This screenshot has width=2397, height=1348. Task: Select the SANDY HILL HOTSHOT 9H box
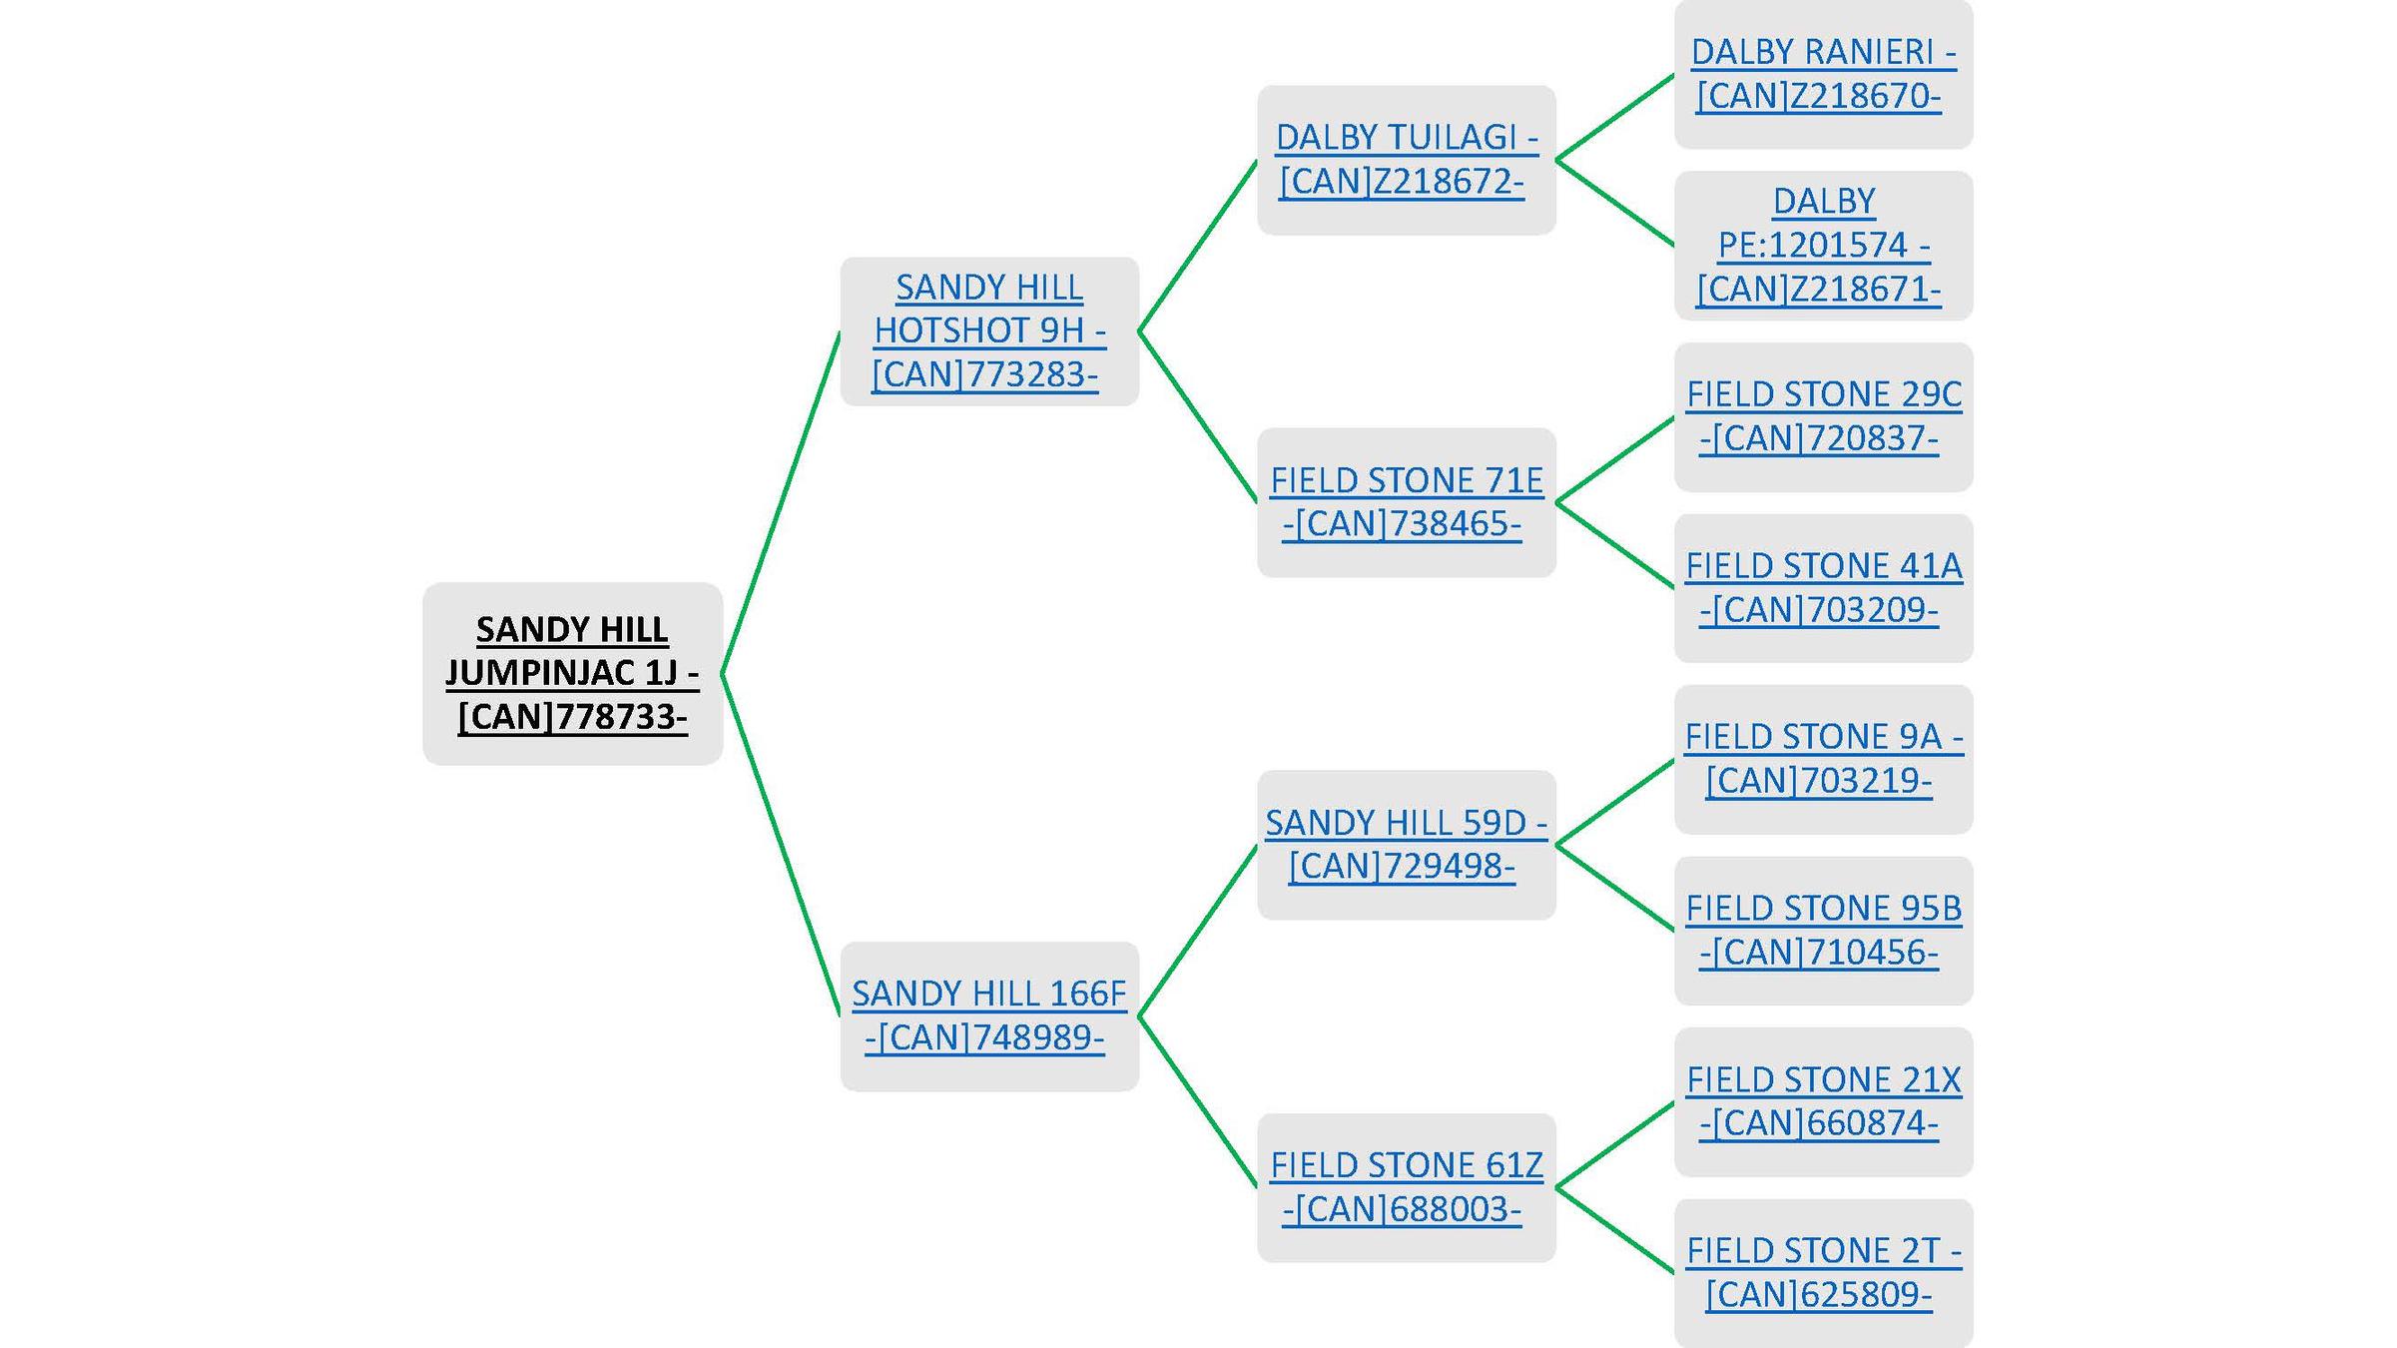[x=988, y=331]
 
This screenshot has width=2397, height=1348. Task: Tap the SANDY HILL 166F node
[x=988, y=1015]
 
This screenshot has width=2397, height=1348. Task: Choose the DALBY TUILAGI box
[x=1406, y=160]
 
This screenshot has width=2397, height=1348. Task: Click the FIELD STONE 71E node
[x=1406, y=502]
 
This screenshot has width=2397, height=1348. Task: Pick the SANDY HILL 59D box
[x=1406, y=845]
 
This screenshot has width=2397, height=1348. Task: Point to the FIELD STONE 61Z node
[x=1406, y=1187]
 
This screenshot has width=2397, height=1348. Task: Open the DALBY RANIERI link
[x=1823, y=52]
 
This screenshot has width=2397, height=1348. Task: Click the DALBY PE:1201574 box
[x=1823, y=246]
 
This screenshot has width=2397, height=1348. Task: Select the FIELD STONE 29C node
[x=1823, y=416]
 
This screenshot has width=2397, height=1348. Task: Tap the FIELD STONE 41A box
[x=1823, y=588]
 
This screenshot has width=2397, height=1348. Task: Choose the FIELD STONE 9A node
[x=1823, y=759]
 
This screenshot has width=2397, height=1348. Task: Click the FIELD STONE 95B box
[x=1823, y=931]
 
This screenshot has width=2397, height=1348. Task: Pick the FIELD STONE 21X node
[x=1823, y=1101]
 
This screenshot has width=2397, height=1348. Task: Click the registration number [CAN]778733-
[x=572, y=717]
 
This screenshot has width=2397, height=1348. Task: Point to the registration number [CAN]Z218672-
[x=1402, y=182]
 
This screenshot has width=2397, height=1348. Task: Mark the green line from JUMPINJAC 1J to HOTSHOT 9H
[x=780, y=502]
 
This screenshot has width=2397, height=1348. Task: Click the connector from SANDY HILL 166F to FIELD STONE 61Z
[x=1197, y=1101]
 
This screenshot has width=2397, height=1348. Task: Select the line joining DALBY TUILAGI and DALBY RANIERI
[x=1614, y=117]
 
